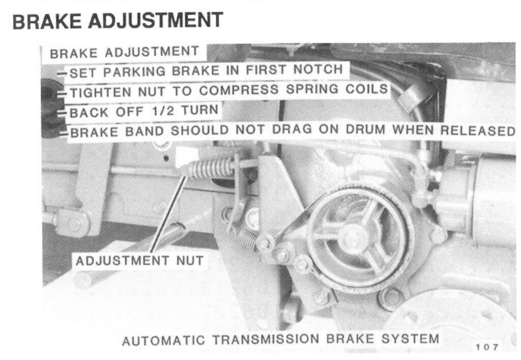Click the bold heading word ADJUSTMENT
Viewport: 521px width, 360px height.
[x=158, y=21]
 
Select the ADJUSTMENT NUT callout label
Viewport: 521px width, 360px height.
[x=139, y=261]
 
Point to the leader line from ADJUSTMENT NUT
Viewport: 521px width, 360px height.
[x=167, y=214]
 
